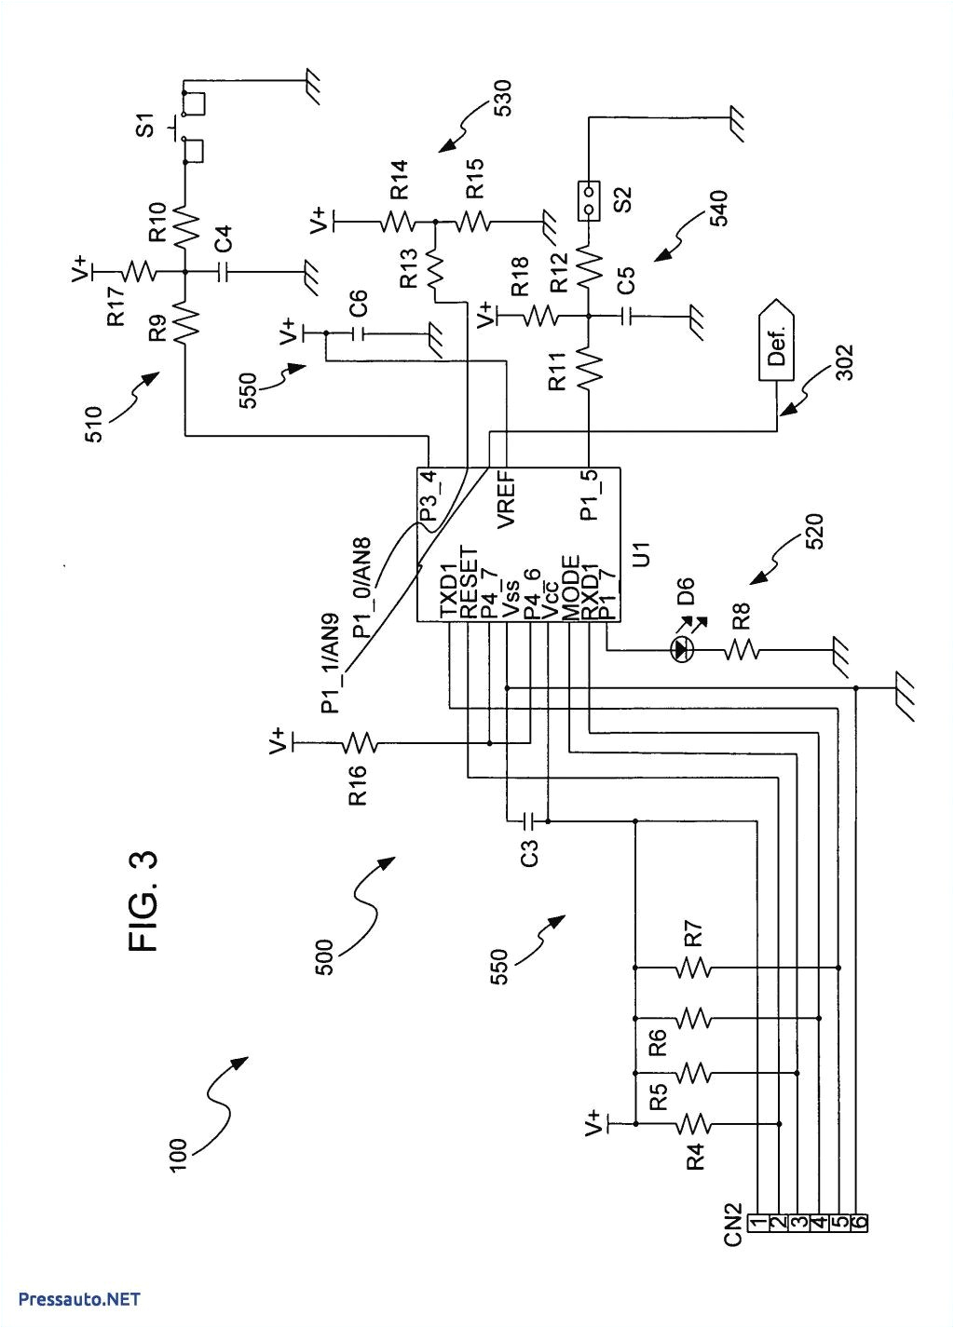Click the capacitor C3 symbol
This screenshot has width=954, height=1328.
click(527, 820)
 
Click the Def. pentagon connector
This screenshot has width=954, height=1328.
click(775, 341)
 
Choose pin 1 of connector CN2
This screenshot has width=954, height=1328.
click(759, 1220)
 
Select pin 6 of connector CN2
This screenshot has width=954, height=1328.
click(859, 1220)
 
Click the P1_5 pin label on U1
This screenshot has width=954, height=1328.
click(589, 495)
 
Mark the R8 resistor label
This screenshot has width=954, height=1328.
click(742, 615)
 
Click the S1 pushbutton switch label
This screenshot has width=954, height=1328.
click(145, 126)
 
